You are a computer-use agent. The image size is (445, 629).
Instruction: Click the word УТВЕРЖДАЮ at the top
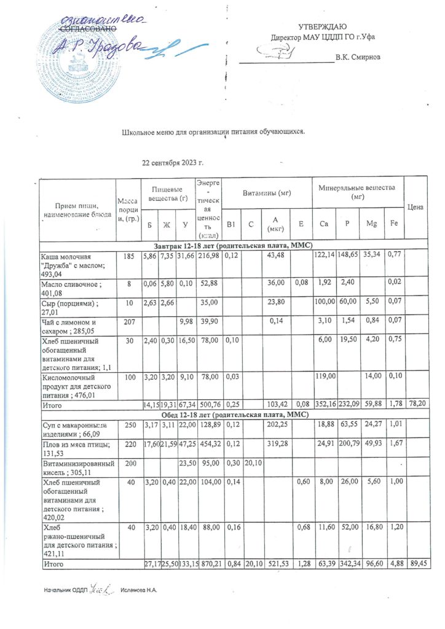coord(322,26)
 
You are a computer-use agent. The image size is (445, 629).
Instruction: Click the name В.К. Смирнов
coord(358,57)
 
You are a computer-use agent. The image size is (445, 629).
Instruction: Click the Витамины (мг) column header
coord(267,193)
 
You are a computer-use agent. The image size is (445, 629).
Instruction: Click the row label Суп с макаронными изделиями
coord(71,424)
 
